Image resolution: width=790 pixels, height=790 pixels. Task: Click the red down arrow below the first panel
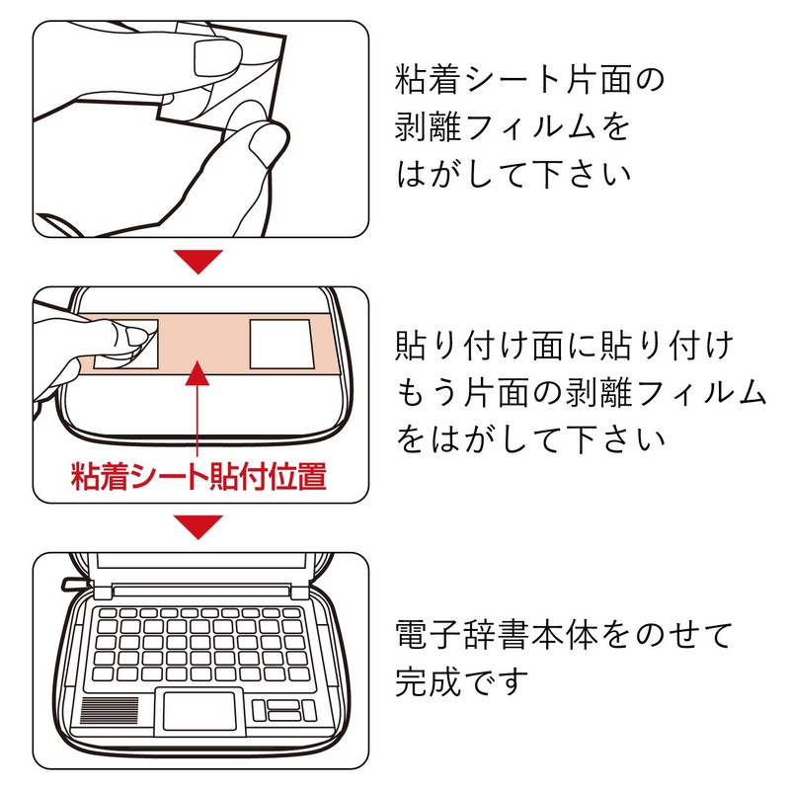click(198, 262)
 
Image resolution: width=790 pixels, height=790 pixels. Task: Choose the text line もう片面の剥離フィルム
click(581, 393)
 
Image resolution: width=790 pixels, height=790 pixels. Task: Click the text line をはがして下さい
click(529, 439)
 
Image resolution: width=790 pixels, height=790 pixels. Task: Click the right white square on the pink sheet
click(280, 344)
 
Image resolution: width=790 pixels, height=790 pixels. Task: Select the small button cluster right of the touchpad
click(281, 711)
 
